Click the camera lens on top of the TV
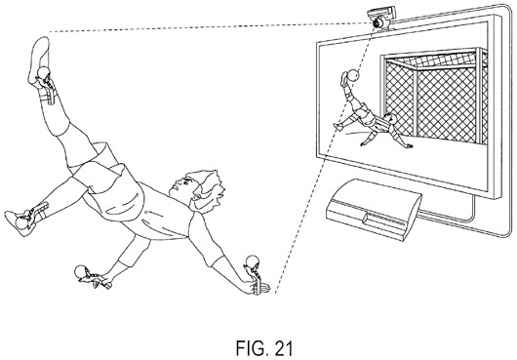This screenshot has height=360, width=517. [378, 23]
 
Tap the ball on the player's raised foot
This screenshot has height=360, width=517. [43, 72]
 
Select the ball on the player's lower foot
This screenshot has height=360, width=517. [21, 223]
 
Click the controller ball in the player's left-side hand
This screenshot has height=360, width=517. [80, 271]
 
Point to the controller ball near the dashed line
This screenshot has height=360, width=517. [253, 261]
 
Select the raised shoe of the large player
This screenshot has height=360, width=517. [39, 61]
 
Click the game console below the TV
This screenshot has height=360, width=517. [374, 210]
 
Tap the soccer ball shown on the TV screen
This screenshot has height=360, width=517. [353, 75]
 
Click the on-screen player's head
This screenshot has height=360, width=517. [392, 118]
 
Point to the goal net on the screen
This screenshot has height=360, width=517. [435, 96]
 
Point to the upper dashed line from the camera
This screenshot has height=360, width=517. [211, 27]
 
